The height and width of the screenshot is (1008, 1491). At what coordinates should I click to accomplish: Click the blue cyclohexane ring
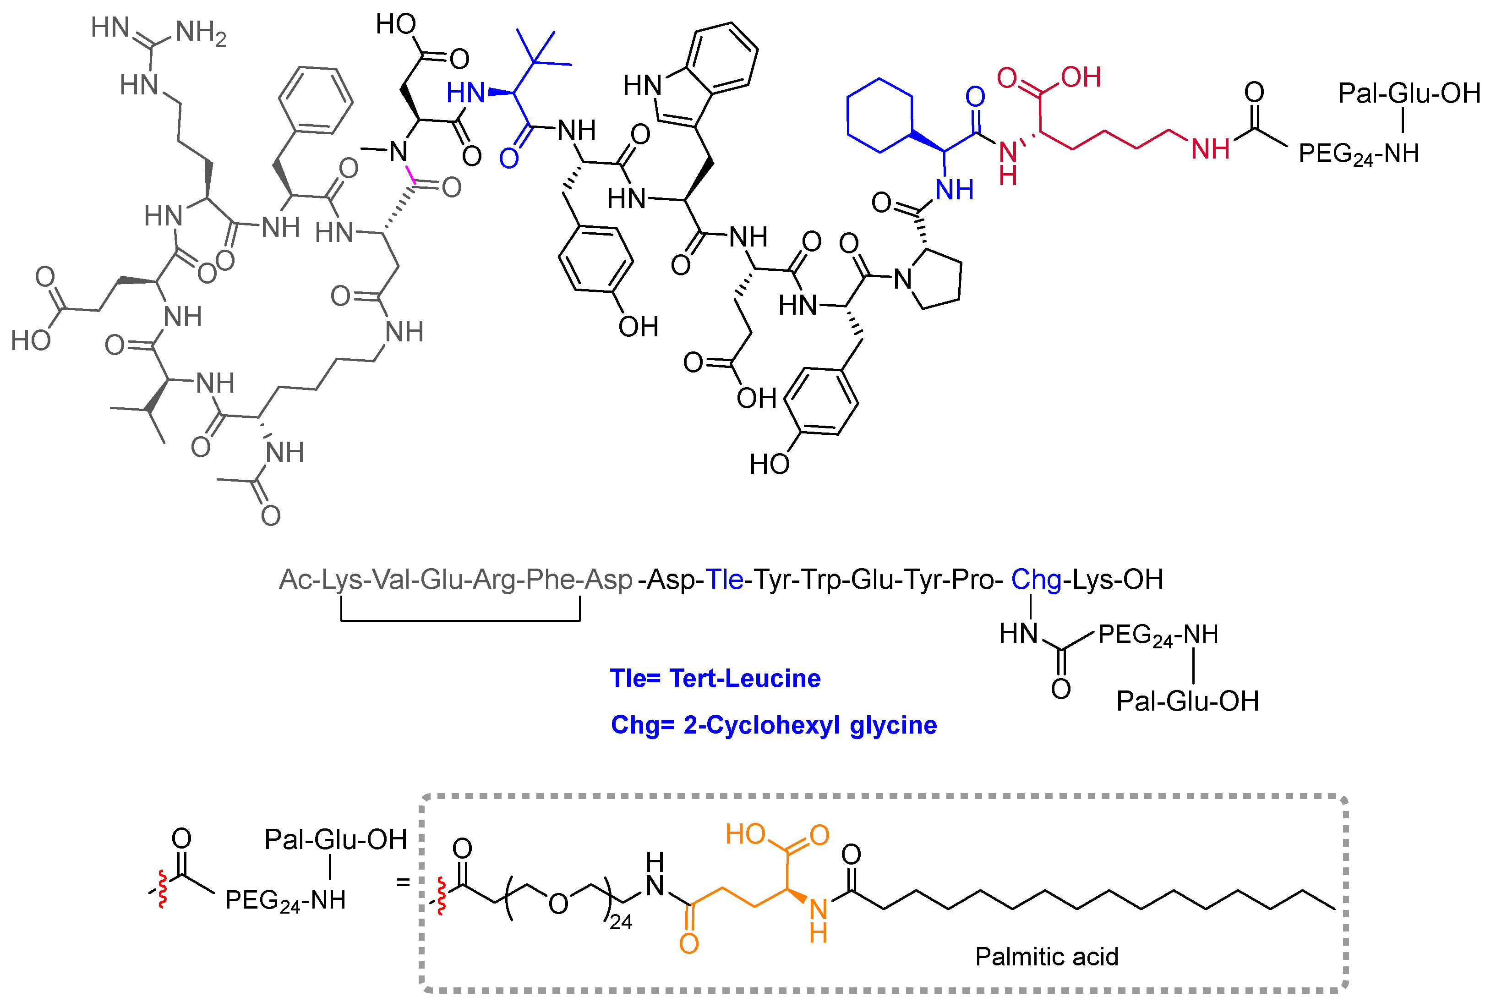point(879,116)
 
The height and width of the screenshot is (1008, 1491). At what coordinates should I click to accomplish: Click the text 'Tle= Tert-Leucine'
point(715,678)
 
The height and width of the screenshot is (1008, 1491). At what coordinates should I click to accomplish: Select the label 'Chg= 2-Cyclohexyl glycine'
point(774,725)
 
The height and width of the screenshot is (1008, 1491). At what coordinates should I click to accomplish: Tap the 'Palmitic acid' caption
point(1046,957)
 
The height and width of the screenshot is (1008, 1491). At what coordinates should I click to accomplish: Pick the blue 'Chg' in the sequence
point(1036,580)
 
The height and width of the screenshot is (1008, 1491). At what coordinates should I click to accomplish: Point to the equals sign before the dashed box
point(403,882)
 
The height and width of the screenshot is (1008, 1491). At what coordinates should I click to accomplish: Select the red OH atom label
point(1081,77)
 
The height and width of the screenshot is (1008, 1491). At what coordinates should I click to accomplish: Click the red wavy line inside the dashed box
point(442,896)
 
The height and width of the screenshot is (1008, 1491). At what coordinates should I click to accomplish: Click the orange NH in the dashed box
point(819,919)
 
